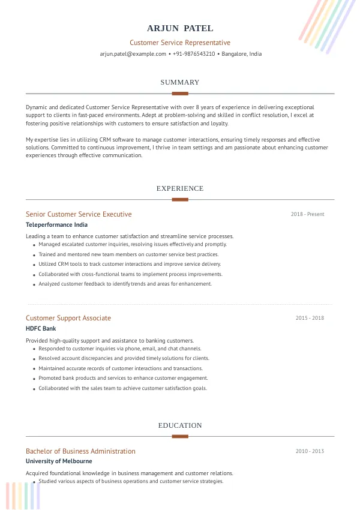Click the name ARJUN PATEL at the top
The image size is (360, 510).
[x=180, y=28]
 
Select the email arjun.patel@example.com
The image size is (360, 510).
[x=133, y=54]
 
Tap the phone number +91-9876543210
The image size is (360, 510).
[x=194, y=54]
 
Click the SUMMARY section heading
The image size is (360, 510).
[x=180, y=82]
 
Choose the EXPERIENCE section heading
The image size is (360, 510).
[x=180, y=188]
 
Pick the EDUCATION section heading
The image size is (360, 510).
[x=180, y=425]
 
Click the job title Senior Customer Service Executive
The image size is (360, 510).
[x=79, y=214]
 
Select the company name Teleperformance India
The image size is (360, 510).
[x=56, y=225]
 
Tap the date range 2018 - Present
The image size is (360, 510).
[x=307, y=214]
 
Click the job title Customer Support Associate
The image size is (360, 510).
[x=68, y=318]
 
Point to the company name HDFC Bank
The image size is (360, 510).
[x=41, y=329]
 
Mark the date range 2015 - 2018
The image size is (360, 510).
[x=310, y=318]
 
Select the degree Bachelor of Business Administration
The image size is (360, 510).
[x=80, y=451]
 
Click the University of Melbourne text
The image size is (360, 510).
[x=59, y=461]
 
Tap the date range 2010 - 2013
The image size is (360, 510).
[x=310, y=451]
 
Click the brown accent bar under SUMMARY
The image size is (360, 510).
[x=180, y=94]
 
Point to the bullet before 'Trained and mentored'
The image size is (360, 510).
[x=34, y=255]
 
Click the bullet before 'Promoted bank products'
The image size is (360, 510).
[x=34, y=379]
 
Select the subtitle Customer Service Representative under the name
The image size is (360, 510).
[x=180, y=43]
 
